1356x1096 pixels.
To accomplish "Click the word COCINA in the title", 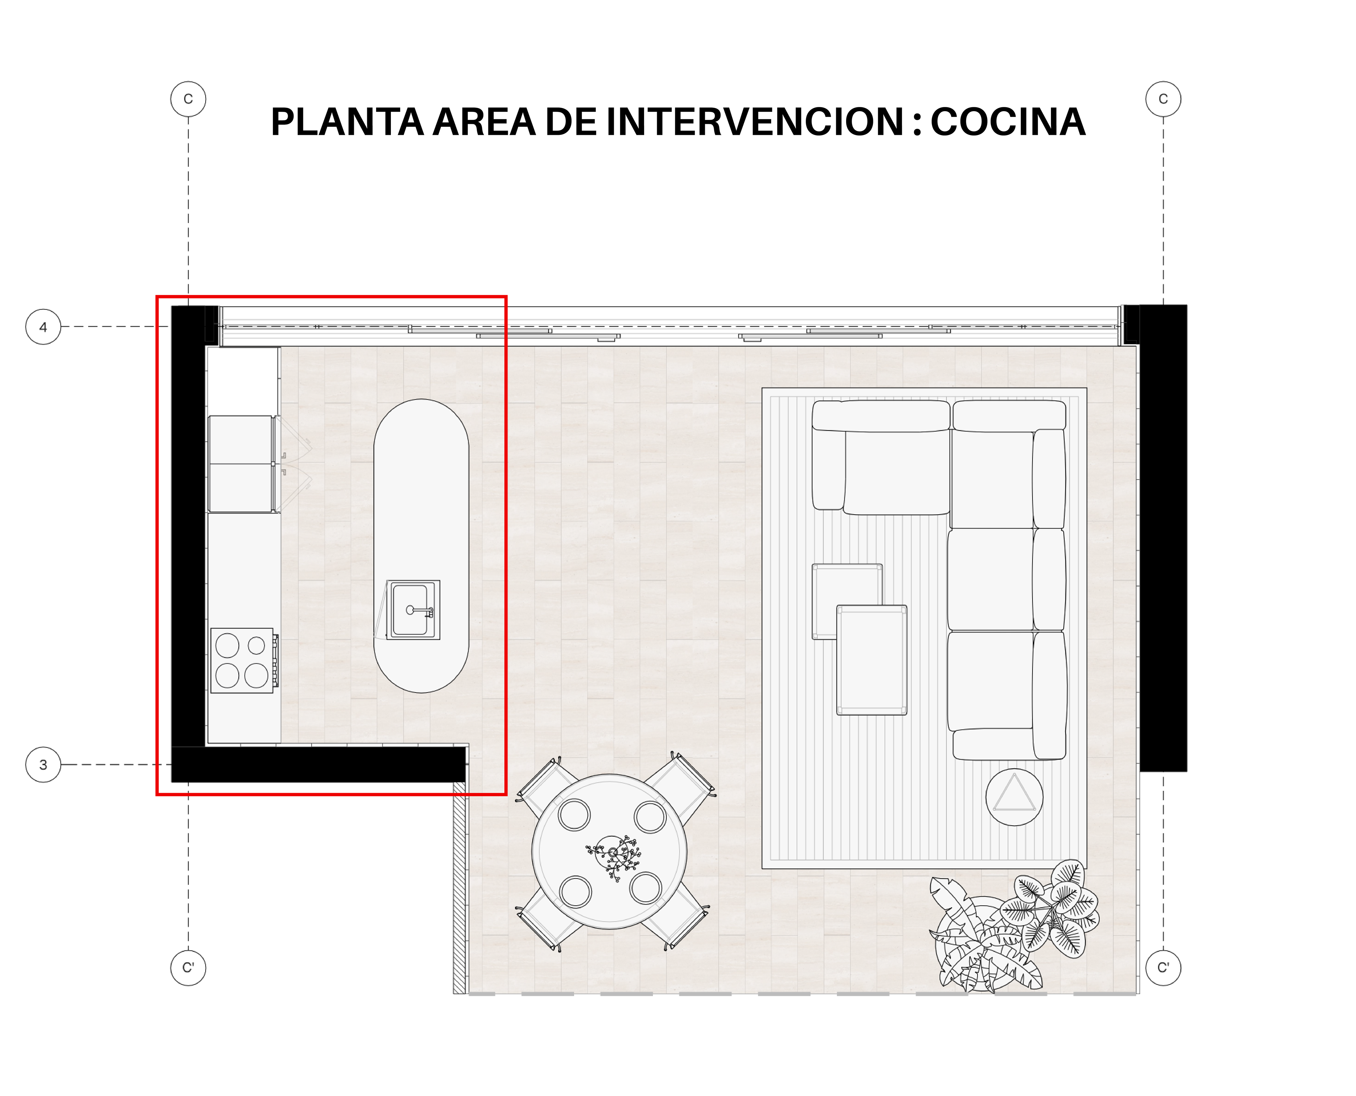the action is (x=1008, y=122).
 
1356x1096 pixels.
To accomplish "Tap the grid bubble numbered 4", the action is (x=43, y=327).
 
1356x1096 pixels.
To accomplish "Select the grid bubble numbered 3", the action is (x=43, y=765).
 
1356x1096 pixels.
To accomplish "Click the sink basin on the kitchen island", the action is (x=410, y=610).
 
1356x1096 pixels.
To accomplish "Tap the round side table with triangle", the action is (x=1014, y=797).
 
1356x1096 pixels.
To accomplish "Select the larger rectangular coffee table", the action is (x=872, y=660).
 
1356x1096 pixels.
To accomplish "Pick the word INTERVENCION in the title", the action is (x=755, y=122).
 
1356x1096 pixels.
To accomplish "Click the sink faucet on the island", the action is (x=420, y=611).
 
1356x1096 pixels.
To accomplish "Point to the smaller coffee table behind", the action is (x=847, y=601).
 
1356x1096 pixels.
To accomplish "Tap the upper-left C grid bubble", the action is (x=188, y=99).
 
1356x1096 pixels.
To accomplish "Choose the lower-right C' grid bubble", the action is (x=1163, y=968).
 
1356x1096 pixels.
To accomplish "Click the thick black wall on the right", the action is (x=1163, y=538).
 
